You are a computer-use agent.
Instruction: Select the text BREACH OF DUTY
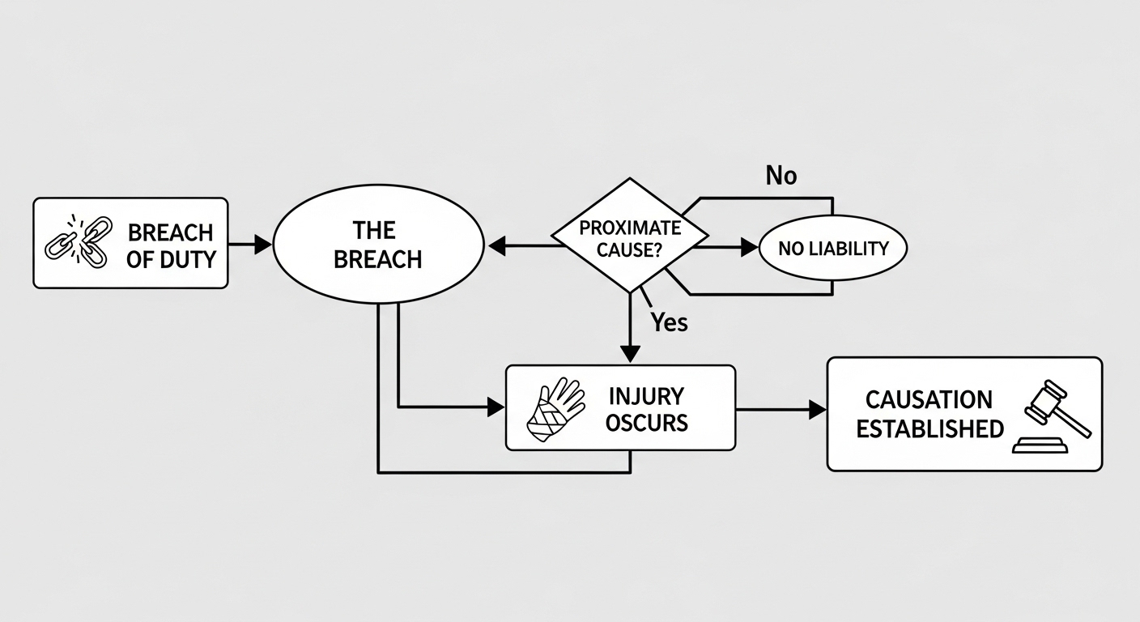coord(170,245)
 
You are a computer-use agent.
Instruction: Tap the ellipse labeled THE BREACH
coord(377,245)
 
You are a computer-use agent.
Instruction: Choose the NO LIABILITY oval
coord(833,249)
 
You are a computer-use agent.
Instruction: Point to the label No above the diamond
coord(781,176)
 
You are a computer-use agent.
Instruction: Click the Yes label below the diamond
coord(669,322)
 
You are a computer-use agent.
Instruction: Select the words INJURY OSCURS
coord(647,409)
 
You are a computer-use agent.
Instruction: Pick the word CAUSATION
coord(929,399)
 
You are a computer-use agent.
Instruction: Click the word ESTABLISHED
coord(929,428)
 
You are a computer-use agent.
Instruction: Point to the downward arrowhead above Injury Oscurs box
coord(630,354)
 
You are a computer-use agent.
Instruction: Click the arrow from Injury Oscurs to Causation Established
coord(781,411)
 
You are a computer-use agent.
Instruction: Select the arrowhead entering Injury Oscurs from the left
coord(495,407)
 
